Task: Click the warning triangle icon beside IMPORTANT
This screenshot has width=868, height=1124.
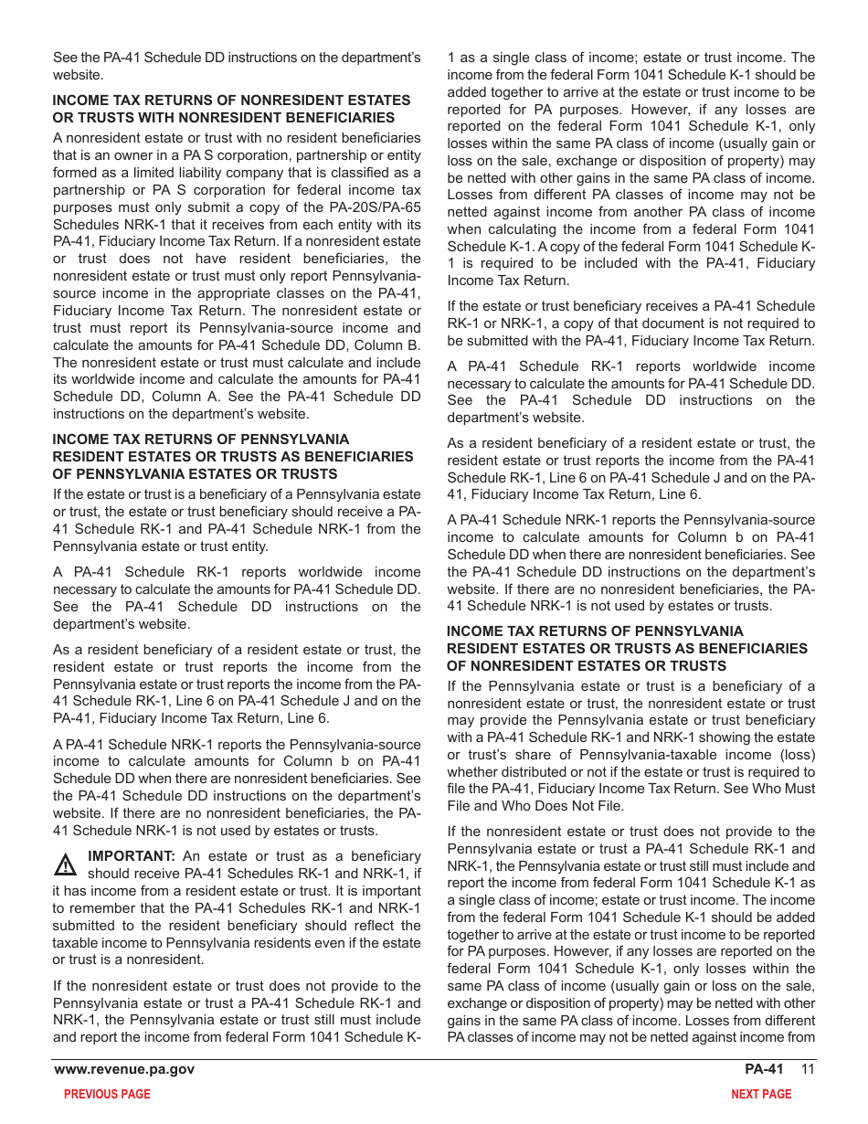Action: coord(65,864)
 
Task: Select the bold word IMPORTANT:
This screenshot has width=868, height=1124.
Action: coord(131,856)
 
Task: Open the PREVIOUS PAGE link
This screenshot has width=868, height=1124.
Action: coord(107,1095)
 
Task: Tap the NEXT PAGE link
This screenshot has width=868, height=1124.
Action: coord(761,1095)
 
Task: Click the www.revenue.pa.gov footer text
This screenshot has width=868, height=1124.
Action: coord(124,1070)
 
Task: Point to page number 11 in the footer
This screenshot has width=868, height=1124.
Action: coord(808,1070)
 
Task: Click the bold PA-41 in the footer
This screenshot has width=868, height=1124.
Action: coord(764,1070)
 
